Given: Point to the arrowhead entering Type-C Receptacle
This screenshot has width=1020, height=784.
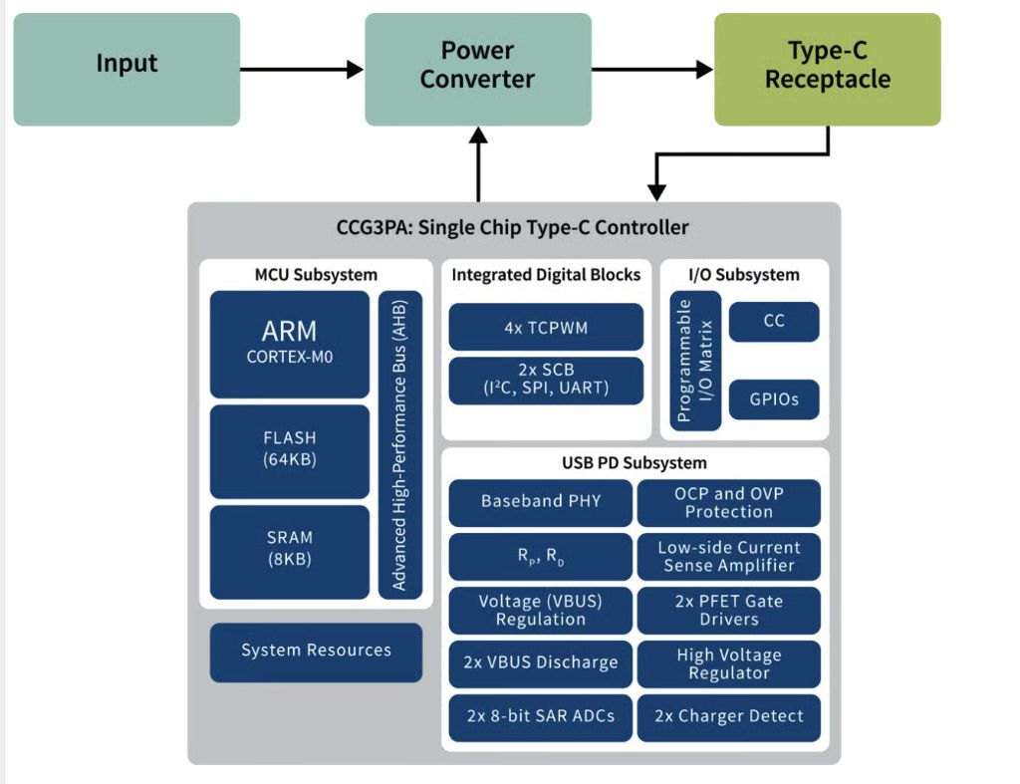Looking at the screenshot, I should pyautogui.click(x=705, y=70).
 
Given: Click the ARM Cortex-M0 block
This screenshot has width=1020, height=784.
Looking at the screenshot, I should pyautogui.click(x=290, y=343).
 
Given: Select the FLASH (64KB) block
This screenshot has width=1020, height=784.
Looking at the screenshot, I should pyautogui.click(x=290, y=450).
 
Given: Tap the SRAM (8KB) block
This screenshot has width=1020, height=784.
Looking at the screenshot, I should pyautogui.click(x=290, y=550).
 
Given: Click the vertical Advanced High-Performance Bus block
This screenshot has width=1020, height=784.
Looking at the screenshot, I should pyautogui.click(x=399, y=444).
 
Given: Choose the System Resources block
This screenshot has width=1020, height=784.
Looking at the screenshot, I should pyautogui.click(x=316, y=652).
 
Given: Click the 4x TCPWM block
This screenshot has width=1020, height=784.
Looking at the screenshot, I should pyautogui.click(x=545, y=328).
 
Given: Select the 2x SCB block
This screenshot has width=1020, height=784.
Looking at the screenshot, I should pyautogui.click(x=545, y=380).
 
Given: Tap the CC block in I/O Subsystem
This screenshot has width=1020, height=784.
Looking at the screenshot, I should pyautogui.click(x=774, y=322).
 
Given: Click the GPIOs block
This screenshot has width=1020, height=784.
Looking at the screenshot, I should pyautogui.click(x=774, y=399).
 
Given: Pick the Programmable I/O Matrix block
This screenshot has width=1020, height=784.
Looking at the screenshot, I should pyautogui.click(x=695, y=361).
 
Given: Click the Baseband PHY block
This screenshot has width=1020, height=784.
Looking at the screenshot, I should pyautogui.click(x=540, y=502).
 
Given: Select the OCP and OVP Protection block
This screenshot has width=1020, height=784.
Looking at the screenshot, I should pyautogui.click(x=728, y=502).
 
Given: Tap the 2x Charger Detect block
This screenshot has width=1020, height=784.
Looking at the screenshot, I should pyautogui.click(x=728, y=716).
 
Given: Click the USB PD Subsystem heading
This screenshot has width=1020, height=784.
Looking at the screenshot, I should pyautogui.click(x=635, y=463).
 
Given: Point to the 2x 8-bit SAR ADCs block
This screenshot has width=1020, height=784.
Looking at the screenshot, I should pyautogui.click(x=540, y=716).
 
